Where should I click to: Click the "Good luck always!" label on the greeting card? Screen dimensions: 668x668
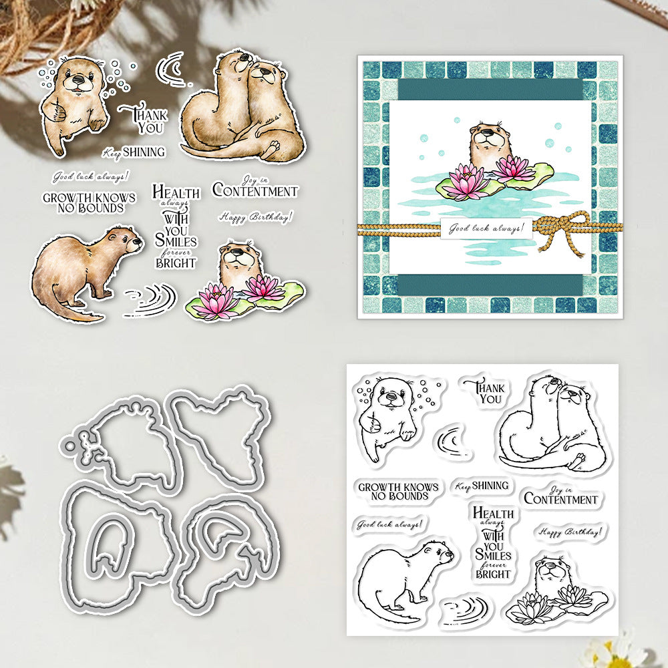(486, 228)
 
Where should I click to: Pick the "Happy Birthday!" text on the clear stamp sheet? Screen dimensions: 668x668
(570, 531)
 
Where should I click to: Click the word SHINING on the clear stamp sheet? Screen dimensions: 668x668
(490, 485)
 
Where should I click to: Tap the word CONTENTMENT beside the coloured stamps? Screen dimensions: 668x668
(255, 191)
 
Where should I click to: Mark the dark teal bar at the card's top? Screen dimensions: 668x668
(490, 90)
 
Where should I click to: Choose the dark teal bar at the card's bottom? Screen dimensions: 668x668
(490, 285)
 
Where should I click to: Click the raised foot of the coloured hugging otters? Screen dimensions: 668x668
(272, 148)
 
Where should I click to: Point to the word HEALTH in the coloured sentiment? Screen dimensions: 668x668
(176, 192)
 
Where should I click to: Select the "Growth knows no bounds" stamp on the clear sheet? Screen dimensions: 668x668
(398, 491)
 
